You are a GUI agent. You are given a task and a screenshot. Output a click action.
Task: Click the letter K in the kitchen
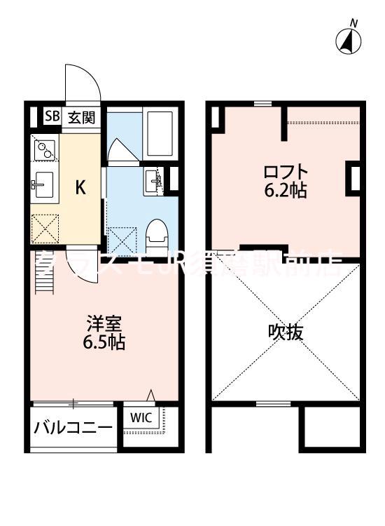[x=81, y=187]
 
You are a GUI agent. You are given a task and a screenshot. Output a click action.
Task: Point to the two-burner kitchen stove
[x=44, y=148]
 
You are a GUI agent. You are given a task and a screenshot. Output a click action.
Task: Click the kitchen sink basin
[x=44, y=185]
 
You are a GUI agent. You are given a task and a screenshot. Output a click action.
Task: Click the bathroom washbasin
[x=155, y=181]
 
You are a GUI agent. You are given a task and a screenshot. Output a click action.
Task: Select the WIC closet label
[x=140, y=417]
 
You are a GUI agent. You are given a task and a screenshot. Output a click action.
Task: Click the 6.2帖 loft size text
[x=285, y=191]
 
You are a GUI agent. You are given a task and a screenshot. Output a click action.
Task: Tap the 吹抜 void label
[x=286, y=332]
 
